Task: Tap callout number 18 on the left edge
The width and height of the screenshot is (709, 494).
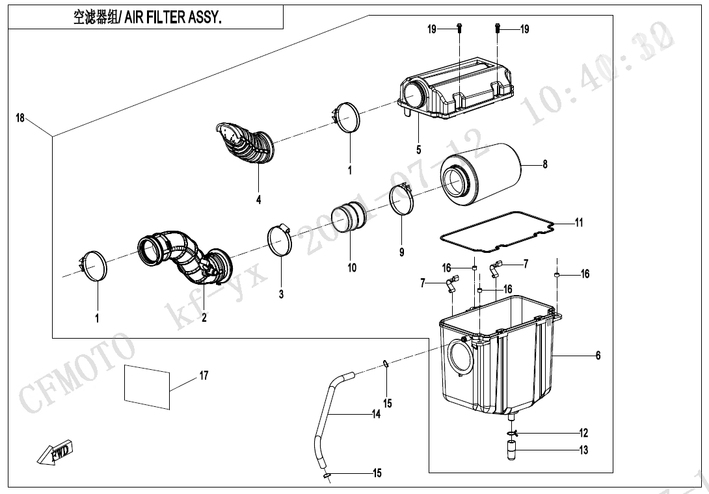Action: point(20,118)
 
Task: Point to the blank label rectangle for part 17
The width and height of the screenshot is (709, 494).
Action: point(147,387)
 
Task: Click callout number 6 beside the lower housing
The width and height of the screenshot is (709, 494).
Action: point(598,355)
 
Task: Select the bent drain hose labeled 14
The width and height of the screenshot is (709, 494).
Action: point(328,416)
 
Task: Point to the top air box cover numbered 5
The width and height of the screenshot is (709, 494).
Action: point(455,97)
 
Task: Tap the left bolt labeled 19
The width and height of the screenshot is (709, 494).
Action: point(459,27)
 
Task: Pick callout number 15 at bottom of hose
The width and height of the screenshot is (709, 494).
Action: point(377,473)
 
